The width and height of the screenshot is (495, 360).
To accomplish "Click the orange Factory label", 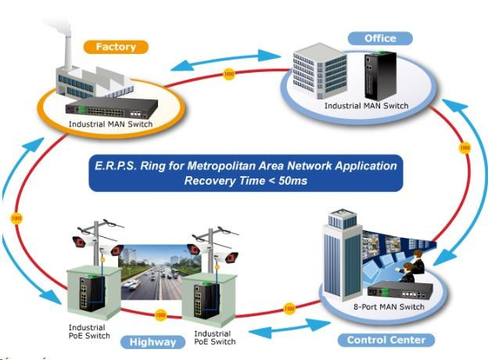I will click(x=116, y=47).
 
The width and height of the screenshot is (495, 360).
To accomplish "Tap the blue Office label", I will click(x=380, y=38).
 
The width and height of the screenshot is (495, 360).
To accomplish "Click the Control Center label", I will click(x=386, y=340).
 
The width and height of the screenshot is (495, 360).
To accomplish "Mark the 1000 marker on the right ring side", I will click(x=464, y=147).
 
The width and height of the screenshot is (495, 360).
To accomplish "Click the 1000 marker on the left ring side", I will click(x=16, y=217).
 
